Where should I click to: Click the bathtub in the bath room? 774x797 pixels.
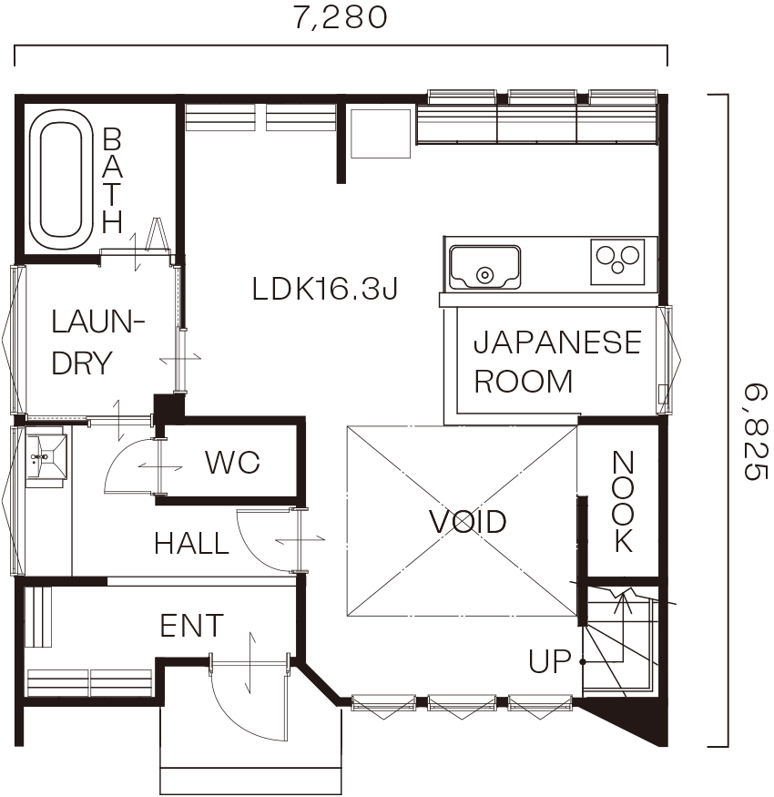pos(61,180)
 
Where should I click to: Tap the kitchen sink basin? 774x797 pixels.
pos(484,268)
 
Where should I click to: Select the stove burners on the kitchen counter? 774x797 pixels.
pos(617,261)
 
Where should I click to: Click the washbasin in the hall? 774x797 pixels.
pos(46,457)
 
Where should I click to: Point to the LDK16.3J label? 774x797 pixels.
pos(325,288)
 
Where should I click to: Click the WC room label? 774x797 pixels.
pos(232,462)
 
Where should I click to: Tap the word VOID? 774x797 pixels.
pos(467,521)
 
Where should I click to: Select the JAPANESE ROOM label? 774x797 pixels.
pos(557,361)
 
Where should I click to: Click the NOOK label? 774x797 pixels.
pos(623,502)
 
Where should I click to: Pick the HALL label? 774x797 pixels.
pos(191,543)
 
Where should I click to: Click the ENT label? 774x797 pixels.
pos(191,625)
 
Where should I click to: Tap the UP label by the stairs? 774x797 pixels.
pos(549,660)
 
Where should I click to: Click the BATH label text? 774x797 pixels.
pos(112,180)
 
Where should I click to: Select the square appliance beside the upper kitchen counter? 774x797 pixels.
pos(381,133)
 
